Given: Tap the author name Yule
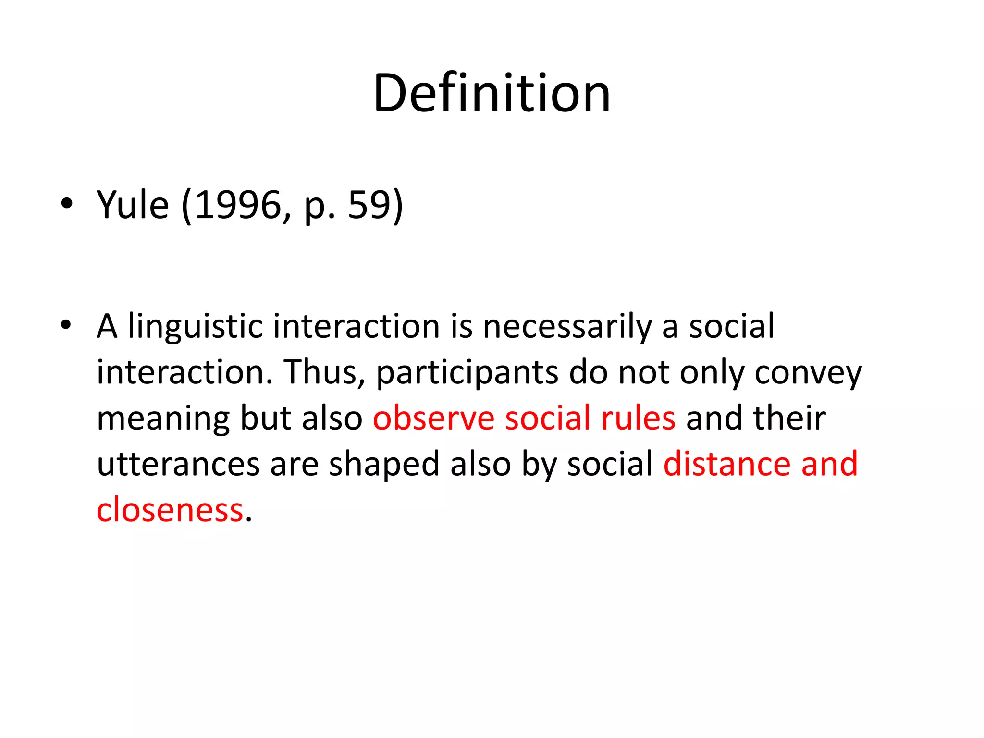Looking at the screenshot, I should click(133, 205).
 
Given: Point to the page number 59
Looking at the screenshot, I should click(368, 205).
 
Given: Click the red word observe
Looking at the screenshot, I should click(433, 418).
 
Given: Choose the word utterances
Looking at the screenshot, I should click(178, 464).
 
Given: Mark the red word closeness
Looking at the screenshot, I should click(170, 510).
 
